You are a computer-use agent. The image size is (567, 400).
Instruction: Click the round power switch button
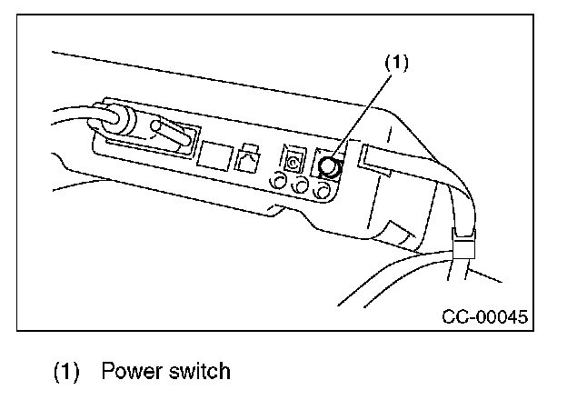(329, 168)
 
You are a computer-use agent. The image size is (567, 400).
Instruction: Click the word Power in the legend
(128, 371)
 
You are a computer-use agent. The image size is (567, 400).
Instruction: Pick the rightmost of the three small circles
(321, 193)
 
